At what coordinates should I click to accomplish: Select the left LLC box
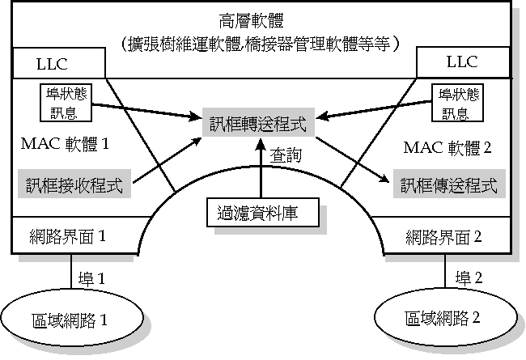click(x=58, y=62)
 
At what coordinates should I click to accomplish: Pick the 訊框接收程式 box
click(x=73, y=184)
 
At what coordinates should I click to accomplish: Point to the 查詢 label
click(x=287, y=155)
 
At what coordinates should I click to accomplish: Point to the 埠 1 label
click(x=91, y=277)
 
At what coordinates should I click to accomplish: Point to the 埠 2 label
click(x=470, y=277)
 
